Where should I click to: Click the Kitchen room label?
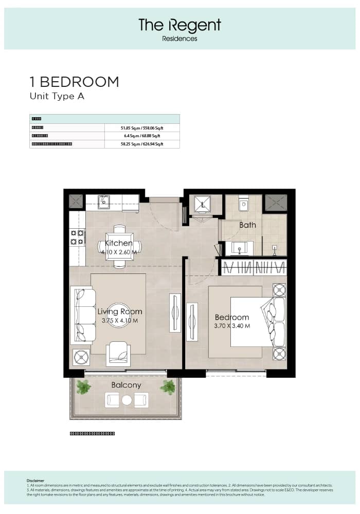[119, 243]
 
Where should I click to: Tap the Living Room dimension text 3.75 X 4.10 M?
[120, 320]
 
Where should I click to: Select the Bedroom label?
[232, 317]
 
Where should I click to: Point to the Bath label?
[247, 225]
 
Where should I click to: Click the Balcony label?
[126, 384]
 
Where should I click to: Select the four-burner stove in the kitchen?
[78, 237]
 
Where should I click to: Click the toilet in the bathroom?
[244, 205]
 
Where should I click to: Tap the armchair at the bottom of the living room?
[118, 354]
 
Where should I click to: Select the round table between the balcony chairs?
[127, 400]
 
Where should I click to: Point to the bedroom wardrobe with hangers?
[253, 267]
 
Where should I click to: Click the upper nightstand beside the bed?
[279, 290]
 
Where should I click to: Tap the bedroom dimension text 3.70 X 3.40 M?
[232, 326]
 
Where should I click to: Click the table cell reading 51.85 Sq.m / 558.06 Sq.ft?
[141, 127]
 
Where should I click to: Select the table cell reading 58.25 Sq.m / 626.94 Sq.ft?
[141, 144]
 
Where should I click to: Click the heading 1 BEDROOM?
[74, 82]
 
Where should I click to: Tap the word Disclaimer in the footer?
[35, 481]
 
